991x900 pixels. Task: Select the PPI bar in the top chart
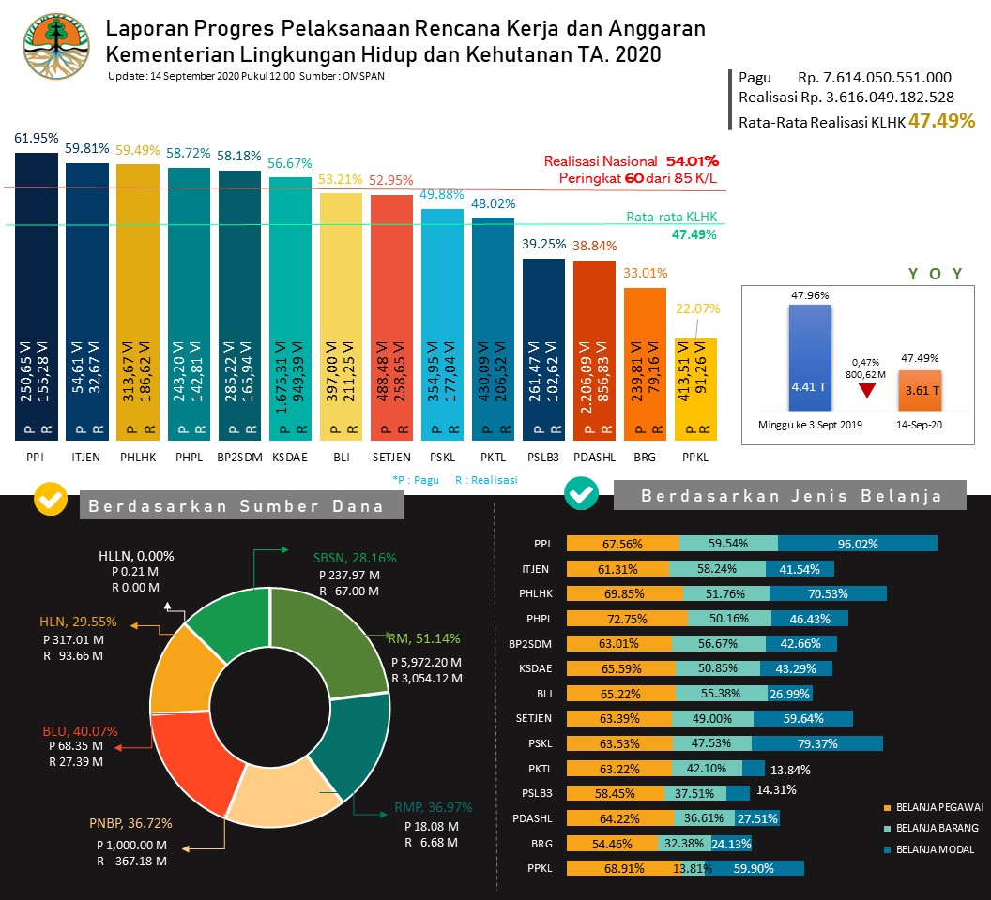pos(37,300)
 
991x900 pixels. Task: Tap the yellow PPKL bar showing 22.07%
pos(695,389)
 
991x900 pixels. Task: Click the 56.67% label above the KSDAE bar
pos(290,163)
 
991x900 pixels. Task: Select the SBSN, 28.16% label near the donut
pos(355,558)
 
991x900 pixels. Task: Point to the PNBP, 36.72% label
pos(130,823)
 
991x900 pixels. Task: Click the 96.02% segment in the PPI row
pos(857,544)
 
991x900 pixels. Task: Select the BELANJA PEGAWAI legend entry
pos(939,806)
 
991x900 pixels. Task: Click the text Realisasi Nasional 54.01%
pos(631,161)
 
